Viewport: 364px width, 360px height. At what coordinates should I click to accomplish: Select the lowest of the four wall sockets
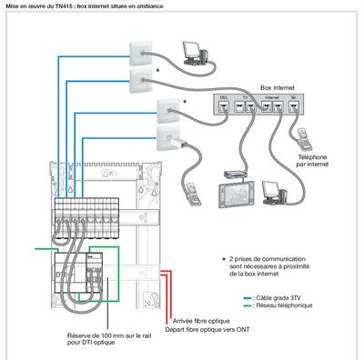click(x=169, y=139)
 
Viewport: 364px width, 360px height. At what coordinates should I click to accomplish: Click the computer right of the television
click(x=274, y=195)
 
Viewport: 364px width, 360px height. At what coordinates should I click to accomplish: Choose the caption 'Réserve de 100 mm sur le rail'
click(x=106, y=335)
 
